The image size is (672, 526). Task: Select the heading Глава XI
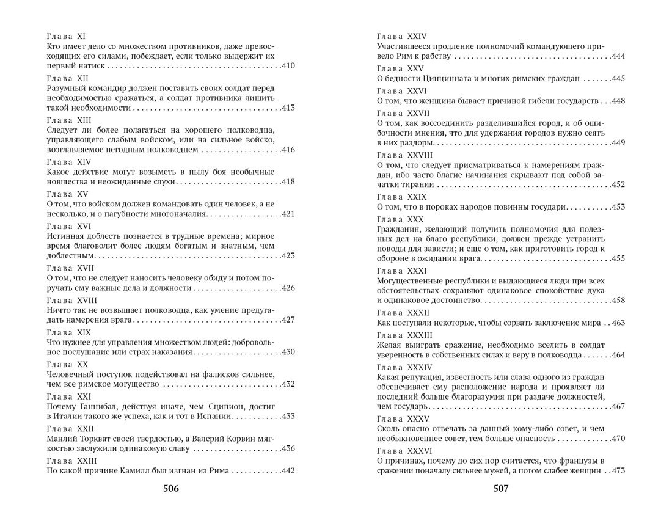tap(66, 37)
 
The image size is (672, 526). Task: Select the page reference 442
tap(288, 471)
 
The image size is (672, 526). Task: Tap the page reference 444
tap(617, 57)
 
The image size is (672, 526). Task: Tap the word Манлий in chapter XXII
tap(62, 439)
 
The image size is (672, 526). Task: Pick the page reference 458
tap(617, 301)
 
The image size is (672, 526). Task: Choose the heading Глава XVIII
tap(72, 300)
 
